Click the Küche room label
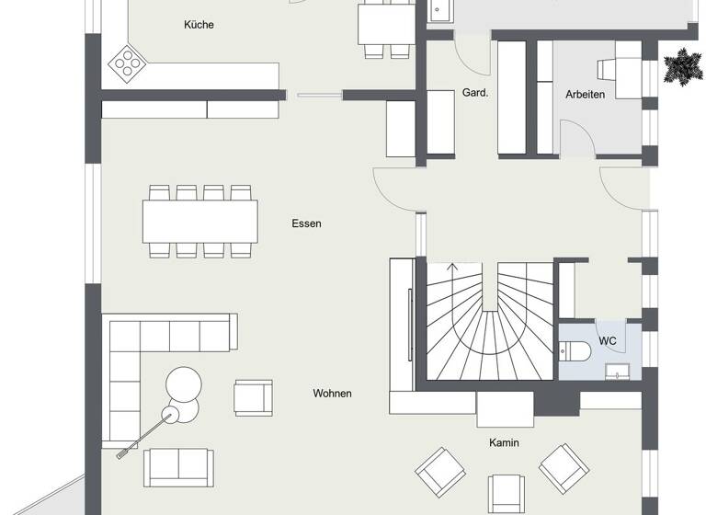pos(199,25)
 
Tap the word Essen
pos(306,223)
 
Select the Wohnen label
pos(332,394)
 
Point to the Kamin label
pos(504,442)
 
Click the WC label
pos(608,341)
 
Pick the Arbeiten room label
pos(586,94)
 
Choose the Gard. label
pos(475,94)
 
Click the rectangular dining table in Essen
pos(200,221)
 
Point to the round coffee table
pos(183,384)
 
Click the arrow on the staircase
pos(450,269)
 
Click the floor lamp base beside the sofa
pos(170,415)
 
